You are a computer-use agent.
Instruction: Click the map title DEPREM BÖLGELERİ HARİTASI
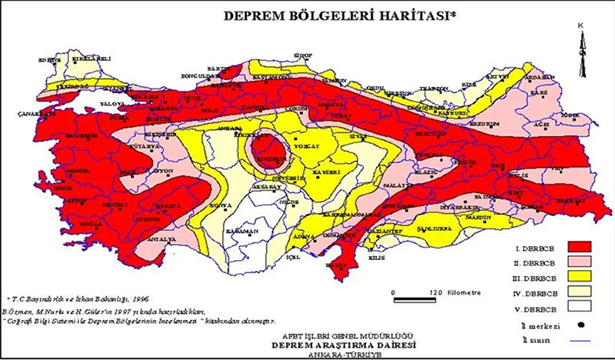coord(339,15)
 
